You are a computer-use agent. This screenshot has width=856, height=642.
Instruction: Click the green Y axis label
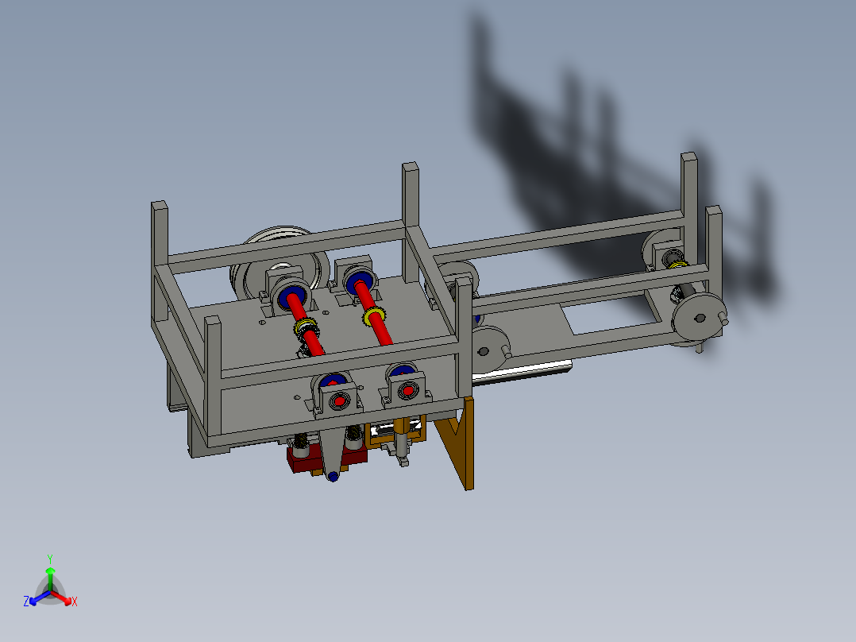click(x=49, y=558)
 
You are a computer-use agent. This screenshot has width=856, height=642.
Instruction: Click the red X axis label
click(x=75, y=601)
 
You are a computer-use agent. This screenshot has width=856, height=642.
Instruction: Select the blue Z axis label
click(x=26, y=601)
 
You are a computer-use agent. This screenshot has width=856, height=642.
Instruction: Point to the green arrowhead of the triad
click(x=49, y=570)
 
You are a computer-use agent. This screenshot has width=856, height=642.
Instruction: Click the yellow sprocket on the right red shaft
click(x=375, y=317)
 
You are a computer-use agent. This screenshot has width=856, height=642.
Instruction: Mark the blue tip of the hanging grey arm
click(x=332, y=476)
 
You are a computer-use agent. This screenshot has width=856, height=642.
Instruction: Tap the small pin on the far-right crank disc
click(x=724, y=320)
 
